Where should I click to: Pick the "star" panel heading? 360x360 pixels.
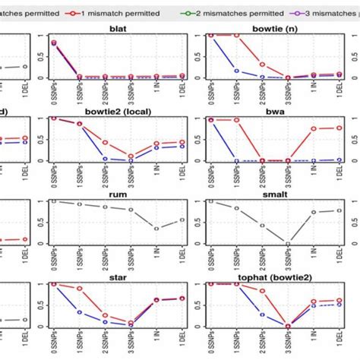point(117,270)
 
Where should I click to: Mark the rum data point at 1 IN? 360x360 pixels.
point(157,229)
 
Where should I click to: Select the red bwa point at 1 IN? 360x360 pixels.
point(313,129)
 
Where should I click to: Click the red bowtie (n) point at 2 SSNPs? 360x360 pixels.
point(261,65)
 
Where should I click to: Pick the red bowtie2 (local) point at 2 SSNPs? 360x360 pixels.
point(105,143)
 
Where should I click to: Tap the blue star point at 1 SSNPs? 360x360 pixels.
point(79,312)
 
